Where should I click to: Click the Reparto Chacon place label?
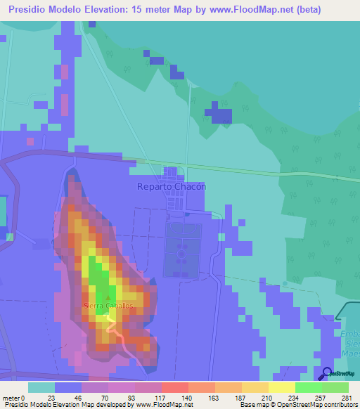pyautogui.click(x=172, y=187)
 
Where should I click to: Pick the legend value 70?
pyautogui.click(x=108, y=397)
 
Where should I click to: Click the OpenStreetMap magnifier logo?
pyautogui.click(x=326, y=373)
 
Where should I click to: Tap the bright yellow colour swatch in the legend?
pyautogui.click(x=281, y=387)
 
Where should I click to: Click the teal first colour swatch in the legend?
pyautogui.click(x=41, y=387)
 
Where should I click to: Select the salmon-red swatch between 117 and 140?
pyautogui.click(x=174, y=387)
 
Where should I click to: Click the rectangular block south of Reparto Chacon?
pyautogui.click(x=182, y=249)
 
